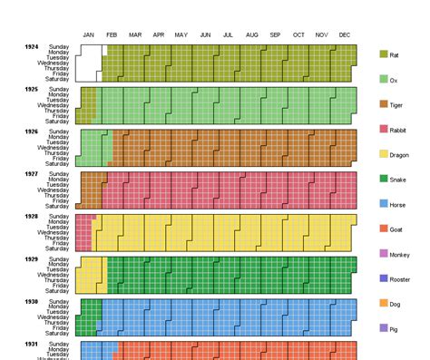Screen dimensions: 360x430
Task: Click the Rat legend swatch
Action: click(x=384, y=55)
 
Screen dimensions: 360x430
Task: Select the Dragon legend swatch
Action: click(x=384, y=155)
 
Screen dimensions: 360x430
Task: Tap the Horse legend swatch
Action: click(x=384, y=205)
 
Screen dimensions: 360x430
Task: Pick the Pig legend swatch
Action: click(x=384, y=327)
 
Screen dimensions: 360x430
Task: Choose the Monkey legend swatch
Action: click(x=384, y=255)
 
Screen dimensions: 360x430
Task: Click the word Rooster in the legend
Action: click(x=400, y=279)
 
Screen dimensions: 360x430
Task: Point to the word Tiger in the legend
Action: click(x=397, y=105)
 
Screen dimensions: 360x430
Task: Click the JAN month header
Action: click(x=89, y=35)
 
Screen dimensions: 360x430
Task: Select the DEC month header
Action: click(x=345, y=35)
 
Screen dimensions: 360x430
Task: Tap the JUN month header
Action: click(x=205, y=35)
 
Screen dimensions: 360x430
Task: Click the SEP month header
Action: click(x=275, y=35)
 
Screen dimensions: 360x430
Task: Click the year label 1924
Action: click(x=32, y=45)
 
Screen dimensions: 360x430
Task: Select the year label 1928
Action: click(x=32, y=216)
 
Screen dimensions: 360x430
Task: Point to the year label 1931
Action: click(x=32, y=344)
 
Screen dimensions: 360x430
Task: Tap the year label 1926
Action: click(x=32, y=131)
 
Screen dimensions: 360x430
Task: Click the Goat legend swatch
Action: click(x=384, y=229)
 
